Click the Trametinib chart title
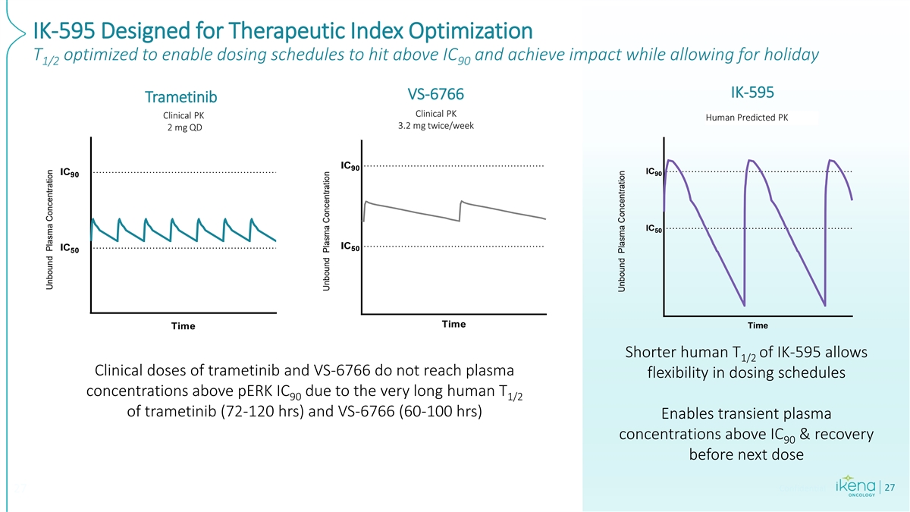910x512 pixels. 181,98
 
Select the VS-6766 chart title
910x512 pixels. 435,94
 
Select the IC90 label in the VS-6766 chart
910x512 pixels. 351,166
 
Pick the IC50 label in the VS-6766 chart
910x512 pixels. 351,247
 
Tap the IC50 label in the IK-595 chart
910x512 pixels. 654,229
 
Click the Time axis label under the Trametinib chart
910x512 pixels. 183,326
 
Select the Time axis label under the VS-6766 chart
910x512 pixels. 453,325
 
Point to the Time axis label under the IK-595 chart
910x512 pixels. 758,326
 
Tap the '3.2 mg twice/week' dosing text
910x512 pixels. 435,126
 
